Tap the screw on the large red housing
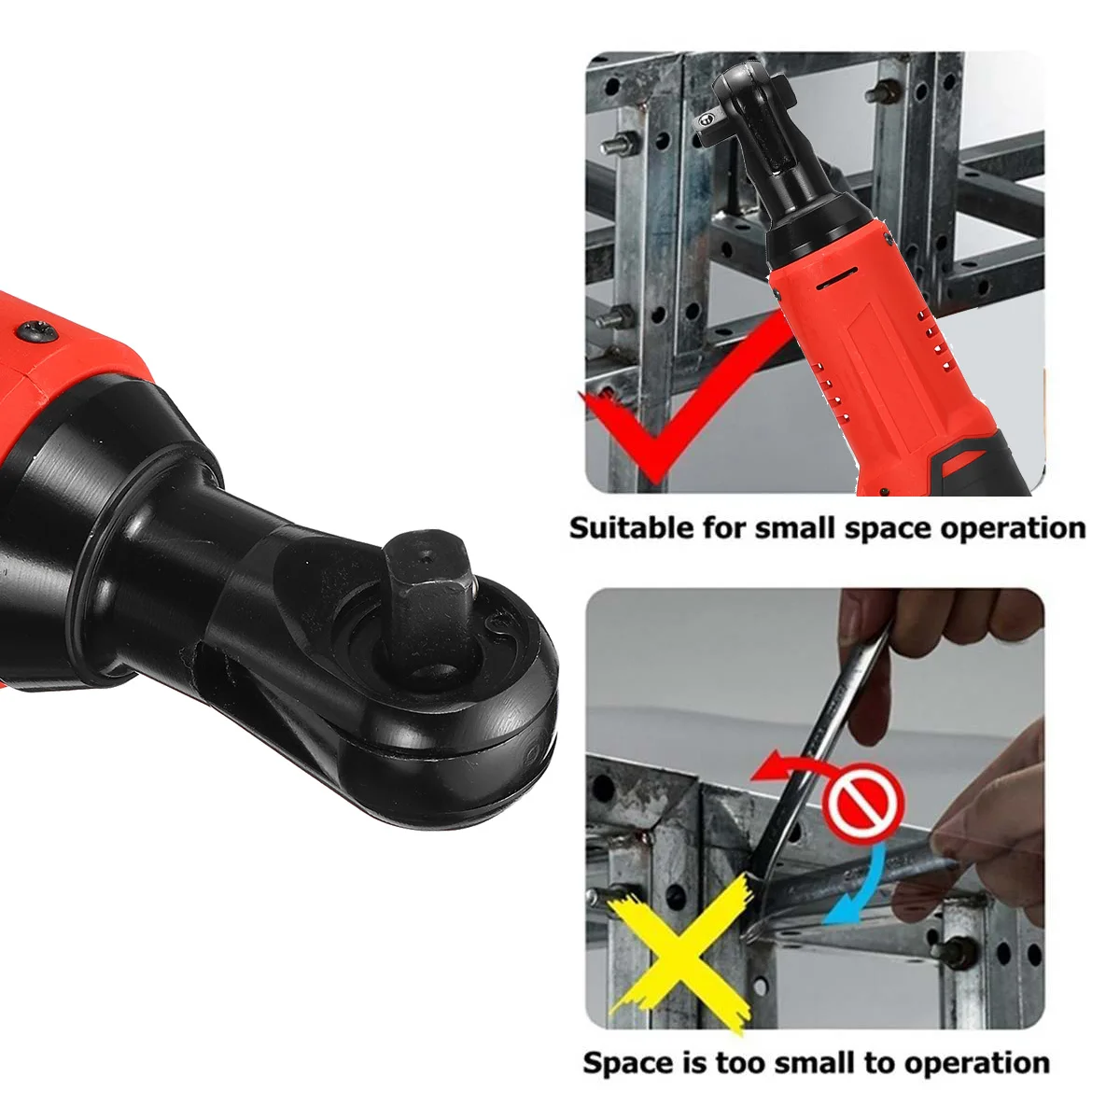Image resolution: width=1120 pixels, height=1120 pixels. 40,329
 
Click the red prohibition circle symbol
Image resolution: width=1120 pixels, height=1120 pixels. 862,805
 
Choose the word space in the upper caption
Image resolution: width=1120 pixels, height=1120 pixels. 889,529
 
